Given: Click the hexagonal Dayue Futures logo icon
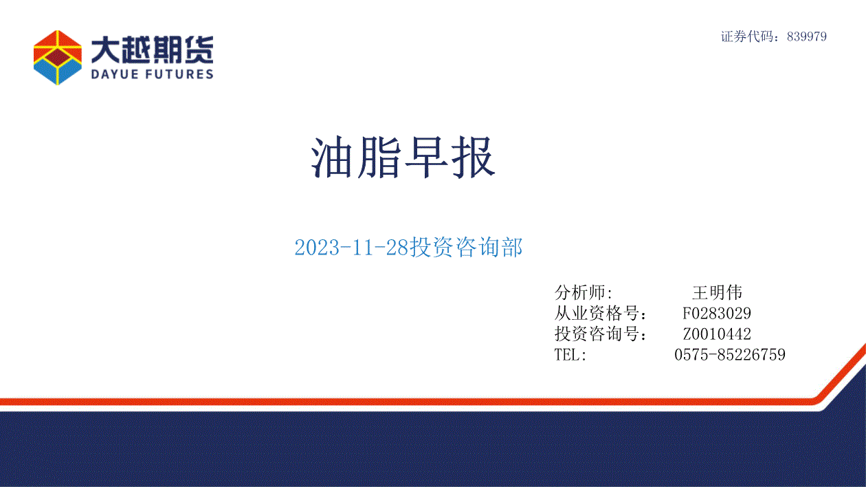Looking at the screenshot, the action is point(58,58).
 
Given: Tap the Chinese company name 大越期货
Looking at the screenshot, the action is point(153,50).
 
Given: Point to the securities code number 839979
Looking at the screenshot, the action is point(807,36).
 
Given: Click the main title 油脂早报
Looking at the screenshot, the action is point(403,158).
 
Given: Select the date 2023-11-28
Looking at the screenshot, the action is point(351,247).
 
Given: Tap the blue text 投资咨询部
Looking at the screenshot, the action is point(466,247).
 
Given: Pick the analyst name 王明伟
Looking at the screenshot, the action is point(717,292).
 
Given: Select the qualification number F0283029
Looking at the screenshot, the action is point(717,314).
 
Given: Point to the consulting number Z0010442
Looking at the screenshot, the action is point(717,334).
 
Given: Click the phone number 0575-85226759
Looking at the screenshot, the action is point(730,355).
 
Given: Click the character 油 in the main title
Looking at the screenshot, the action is point(332,158).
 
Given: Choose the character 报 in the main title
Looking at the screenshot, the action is point(474,158).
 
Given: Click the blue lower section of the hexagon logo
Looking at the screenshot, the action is point(58,72).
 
